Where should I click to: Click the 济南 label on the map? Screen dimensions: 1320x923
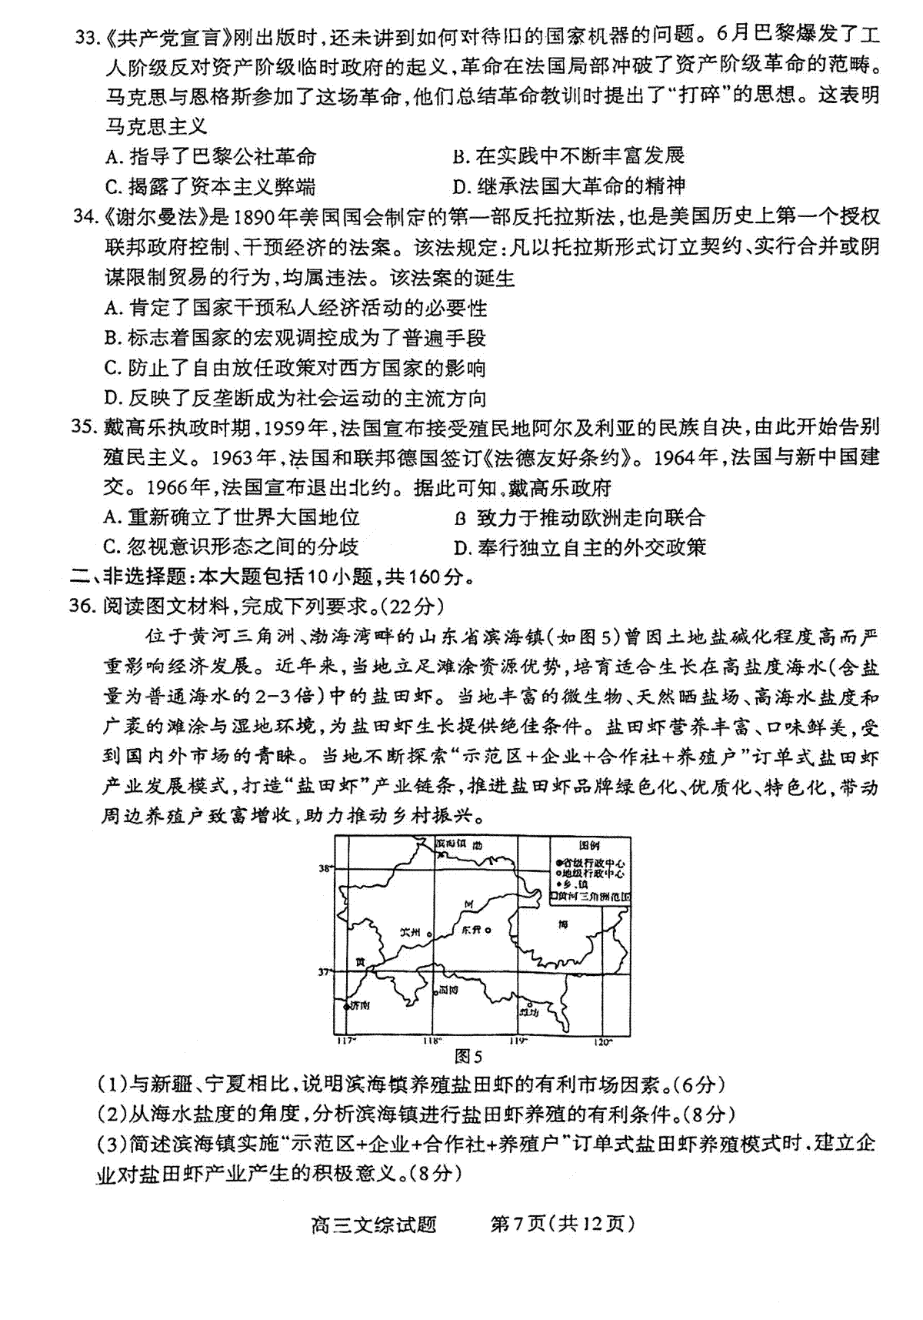358,1005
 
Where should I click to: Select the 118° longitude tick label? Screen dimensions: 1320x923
431,1041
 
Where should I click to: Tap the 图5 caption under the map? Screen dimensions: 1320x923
468,1056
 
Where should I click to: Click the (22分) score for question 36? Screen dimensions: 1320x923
416,607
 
